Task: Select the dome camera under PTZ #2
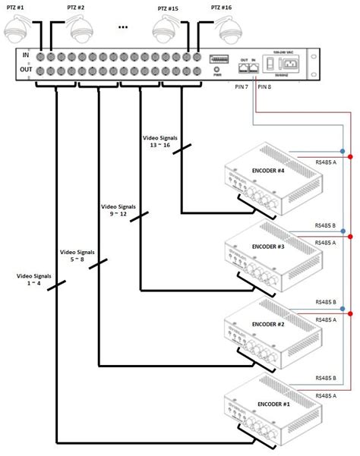click(x=81, y=31)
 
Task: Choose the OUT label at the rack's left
click(x=24, y=71)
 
